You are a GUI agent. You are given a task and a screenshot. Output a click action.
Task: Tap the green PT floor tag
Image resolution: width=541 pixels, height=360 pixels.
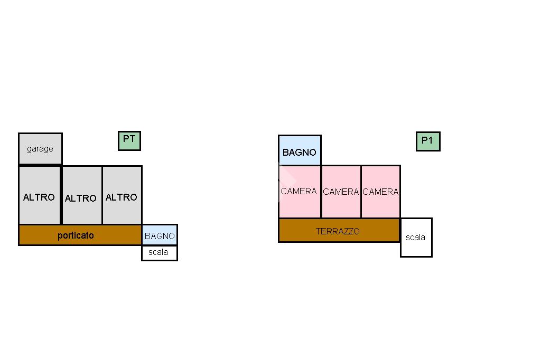(x=129, y=140)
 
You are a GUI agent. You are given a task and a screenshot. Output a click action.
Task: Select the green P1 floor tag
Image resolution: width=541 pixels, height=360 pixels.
(x=428, y=141)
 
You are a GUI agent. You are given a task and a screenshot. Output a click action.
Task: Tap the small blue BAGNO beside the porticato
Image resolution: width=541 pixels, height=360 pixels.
(x=160, y=235)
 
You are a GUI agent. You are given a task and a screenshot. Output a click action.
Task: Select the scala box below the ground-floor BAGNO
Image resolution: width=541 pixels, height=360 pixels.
(x=160, y=253)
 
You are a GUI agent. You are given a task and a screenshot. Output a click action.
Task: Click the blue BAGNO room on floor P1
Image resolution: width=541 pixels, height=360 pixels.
(x=300, y=150)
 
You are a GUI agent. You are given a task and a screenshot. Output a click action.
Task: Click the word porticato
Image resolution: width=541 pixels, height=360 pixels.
(x=76, y=235)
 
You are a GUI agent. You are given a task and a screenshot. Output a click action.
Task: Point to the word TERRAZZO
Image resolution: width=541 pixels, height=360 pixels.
(x=338, y=231)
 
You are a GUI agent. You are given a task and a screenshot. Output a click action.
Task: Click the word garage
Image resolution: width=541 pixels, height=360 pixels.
(x=40, y=149)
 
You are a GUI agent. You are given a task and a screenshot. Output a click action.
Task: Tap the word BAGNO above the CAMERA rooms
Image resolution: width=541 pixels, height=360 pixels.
(x=300, y=153)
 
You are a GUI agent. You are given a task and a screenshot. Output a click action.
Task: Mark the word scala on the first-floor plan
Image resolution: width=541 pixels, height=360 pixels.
(x=416, y=238)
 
